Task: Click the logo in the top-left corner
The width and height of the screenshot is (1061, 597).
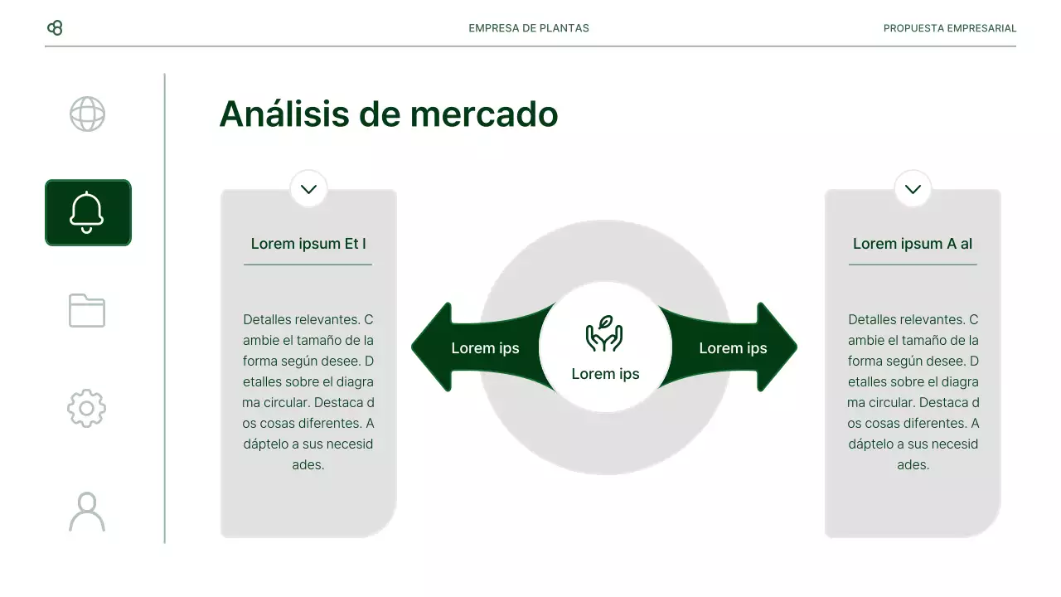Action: tap(55, 28)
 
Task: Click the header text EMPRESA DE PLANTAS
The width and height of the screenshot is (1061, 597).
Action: tap(529, 28)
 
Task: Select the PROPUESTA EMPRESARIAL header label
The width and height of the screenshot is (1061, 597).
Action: tap(949, 28)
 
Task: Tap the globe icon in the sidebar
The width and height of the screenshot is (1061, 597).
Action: tap(87, 114)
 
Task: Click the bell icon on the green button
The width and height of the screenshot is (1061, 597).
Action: tap(87, 212)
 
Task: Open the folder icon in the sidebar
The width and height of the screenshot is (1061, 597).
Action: tap(87, 311)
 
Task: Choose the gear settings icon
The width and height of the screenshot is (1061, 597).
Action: tap(87, 409)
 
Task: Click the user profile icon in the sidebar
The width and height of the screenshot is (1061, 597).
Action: tap(87, 512)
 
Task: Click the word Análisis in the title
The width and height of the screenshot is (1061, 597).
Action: tap(284, 114)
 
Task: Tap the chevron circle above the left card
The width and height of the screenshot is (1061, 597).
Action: tap(308, 189)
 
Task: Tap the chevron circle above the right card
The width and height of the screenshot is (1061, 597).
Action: tap(913, 189)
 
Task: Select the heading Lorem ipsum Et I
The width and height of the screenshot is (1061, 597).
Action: tap(308, 244)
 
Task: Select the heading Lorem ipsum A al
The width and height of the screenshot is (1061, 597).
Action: tap(913, 244)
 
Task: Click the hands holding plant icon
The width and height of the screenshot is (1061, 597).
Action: tap(604, 333)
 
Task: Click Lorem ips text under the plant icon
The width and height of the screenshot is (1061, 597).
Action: tap(605, 374)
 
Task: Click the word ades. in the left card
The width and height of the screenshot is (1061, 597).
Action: tap(308, 465)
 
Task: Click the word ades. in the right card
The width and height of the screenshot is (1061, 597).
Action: tap(913, 465)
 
